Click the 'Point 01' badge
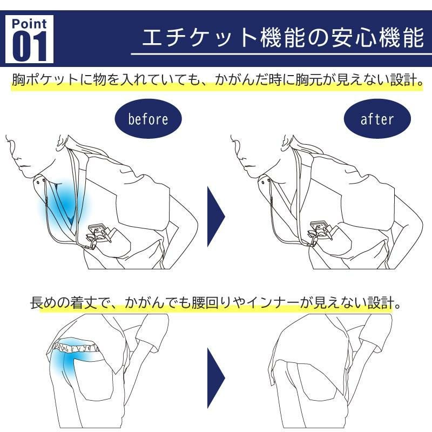[29, 39]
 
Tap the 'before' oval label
[148, 119]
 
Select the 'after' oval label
[377, 119]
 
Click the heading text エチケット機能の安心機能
[283, 37]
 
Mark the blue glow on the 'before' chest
[65, 202]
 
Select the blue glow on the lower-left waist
[69, 361]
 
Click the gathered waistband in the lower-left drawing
[76, 348]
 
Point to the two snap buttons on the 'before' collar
[42, 181]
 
